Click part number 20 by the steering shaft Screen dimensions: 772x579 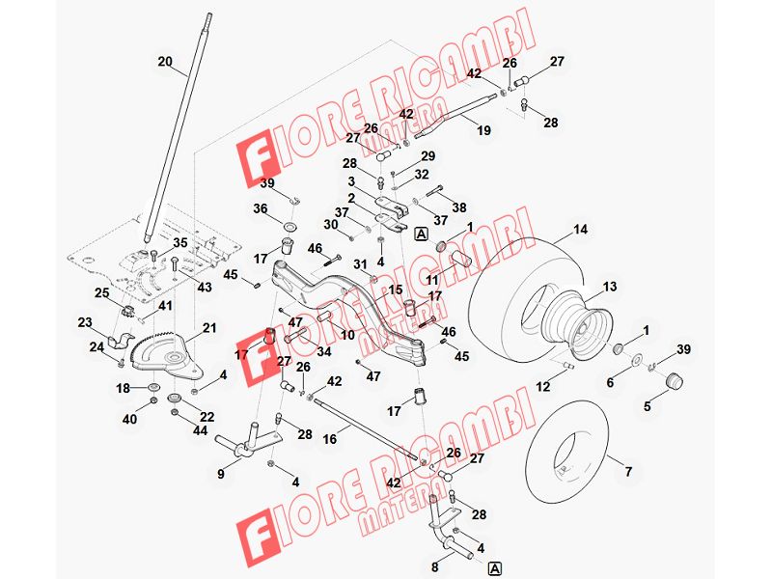(165, 62)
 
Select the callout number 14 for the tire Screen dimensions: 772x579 (581, 229)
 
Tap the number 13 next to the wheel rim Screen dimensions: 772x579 (610, 287)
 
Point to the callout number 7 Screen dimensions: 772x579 (628, 472)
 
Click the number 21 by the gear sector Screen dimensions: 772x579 (209, 328)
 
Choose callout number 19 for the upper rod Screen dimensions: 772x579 (484, 130)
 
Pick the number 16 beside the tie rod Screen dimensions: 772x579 (330, 439)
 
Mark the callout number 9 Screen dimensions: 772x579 (221, 474)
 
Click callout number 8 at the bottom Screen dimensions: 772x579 (435, 567)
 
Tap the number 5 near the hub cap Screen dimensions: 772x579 (647, 406)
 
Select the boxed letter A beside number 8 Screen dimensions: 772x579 (494, 568)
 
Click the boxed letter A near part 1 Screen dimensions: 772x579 (422, 234)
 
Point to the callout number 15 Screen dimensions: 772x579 (396, 290)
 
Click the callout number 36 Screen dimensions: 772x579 (261, 208)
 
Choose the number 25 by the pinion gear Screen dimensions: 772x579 (102, 293)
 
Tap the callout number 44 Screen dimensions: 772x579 (201, 430)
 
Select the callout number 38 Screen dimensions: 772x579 (459, 207)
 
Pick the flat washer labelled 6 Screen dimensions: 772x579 (636, 360)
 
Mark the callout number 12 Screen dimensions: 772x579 (543, 387)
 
